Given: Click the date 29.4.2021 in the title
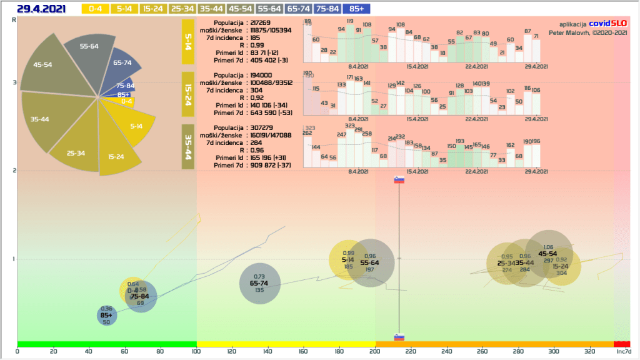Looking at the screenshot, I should (x=42, y=9).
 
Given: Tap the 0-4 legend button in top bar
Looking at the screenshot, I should (x=95, y=9).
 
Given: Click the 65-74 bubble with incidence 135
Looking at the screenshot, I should (x=259, y=284).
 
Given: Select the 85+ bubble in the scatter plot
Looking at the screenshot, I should (x=106, y=316).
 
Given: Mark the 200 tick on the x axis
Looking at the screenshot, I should (x=375, y=351).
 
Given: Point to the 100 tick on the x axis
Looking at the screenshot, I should (x=196, y=351).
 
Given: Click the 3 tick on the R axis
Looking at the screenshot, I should (x=14, y=82).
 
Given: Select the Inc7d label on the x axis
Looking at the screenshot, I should (x=623, y=351).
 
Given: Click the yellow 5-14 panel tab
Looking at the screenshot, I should (x=188, y=41).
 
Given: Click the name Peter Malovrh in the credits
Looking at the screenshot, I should (x=569, y=32).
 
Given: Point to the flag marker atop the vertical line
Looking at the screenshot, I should (x=399, y=181).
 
